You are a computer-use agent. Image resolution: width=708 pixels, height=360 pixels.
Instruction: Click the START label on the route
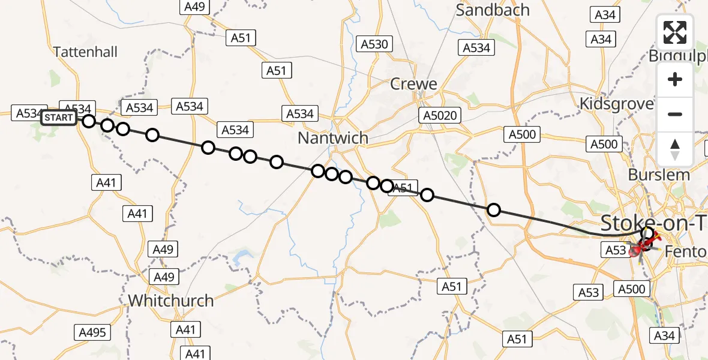(58, 118)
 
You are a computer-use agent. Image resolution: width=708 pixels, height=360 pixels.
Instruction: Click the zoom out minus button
(675, 114)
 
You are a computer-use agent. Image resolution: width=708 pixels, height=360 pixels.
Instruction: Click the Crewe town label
(413, 84)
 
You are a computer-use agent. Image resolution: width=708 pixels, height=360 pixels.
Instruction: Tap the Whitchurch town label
(171, 300)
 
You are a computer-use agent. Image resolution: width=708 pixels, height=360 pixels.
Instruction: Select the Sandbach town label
(493, 10)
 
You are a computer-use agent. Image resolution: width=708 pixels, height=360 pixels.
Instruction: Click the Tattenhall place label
(85, 52)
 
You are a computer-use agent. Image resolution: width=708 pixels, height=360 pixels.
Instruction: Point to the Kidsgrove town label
(616, 104)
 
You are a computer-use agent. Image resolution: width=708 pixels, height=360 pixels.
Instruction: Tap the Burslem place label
(658, 175)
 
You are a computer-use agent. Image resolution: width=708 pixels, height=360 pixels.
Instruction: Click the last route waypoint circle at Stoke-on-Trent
(647, 233)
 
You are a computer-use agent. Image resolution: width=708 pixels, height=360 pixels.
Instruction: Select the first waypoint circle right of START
(89, 121)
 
